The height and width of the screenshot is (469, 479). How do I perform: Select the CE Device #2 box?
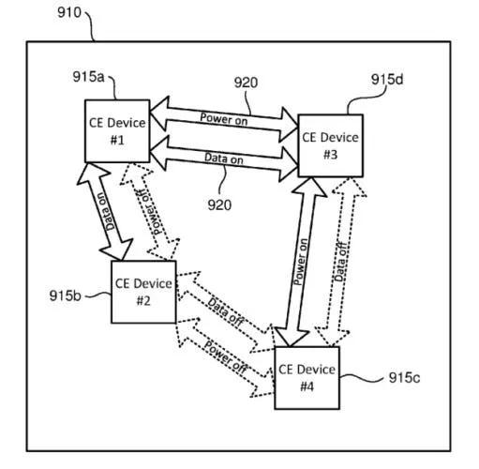click(x=143, y=290)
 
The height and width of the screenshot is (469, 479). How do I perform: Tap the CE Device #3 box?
click(x=330, y=144)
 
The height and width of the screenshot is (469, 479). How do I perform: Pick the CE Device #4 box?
click(x=306, y=377)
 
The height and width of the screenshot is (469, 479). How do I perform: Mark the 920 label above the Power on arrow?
click(x=246, y=83)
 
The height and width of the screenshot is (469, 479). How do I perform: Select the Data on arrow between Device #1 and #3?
click(x=223, y=157)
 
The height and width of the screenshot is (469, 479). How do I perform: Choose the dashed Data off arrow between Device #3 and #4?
click(x=341, y=263)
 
